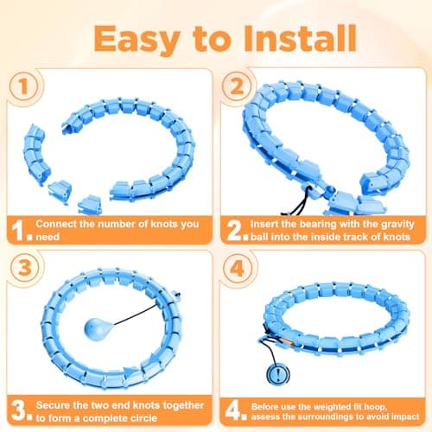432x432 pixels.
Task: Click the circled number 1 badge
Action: (23, 86)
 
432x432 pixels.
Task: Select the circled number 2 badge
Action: (237, 86)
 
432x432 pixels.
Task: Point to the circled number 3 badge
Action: (24, 268)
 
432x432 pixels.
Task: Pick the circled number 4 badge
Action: (237, 269)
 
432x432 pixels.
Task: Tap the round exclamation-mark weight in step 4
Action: (278, 374)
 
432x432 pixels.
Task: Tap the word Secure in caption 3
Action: (53, 405)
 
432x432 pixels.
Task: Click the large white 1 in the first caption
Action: (18, 231)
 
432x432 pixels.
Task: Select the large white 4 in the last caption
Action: (232, 411)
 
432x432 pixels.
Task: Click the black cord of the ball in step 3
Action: (136, 315)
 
